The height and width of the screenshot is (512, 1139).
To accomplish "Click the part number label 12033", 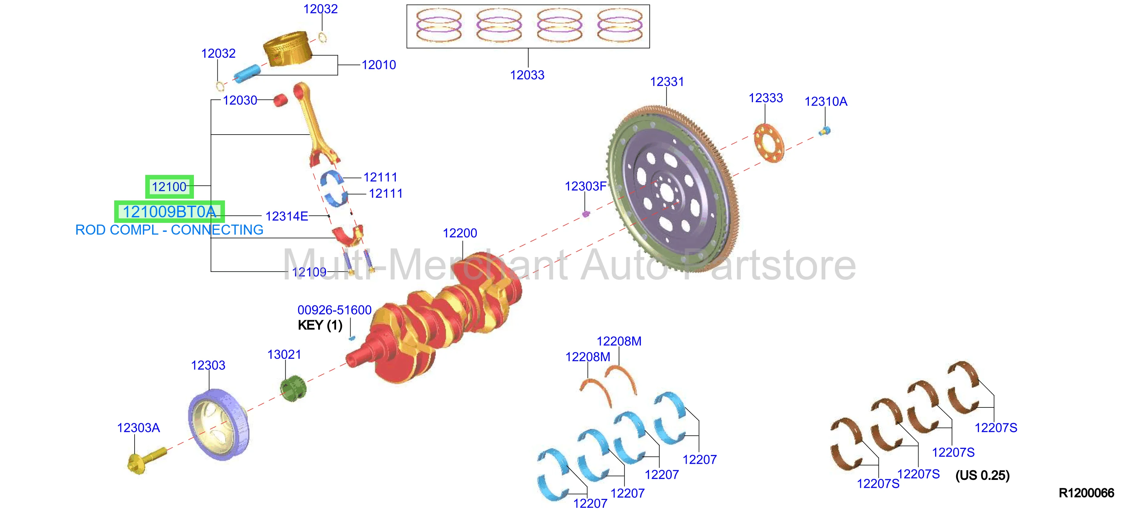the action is click(527, 75).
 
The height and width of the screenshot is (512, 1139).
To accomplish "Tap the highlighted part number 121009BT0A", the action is click(169, 212).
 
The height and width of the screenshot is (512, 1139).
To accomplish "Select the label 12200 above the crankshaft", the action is click(460, 233).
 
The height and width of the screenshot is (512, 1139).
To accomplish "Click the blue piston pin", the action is click(247, 73).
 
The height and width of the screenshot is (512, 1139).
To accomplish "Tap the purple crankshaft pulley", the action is click(219, 424).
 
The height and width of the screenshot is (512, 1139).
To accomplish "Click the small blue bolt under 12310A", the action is click(825, 131).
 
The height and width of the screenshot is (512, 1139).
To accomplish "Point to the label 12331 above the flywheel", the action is click(667, 82).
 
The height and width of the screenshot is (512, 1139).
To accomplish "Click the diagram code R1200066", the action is click(1087, 493).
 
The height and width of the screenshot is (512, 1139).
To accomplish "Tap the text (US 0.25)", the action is click(982, 476).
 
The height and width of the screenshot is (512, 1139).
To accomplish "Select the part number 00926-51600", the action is click(334, 310).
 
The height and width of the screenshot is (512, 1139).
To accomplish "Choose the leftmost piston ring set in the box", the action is click(439, 26).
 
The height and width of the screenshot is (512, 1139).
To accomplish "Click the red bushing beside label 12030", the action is click(280, 100).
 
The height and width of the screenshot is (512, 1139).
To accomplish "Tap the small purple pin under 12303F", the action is click(586, 214).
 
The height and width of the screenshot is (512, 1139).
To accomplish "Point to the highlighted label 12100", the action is click(169, 187).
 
